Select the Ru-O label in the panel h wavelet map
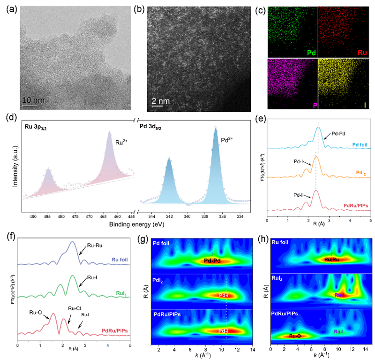295,336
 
